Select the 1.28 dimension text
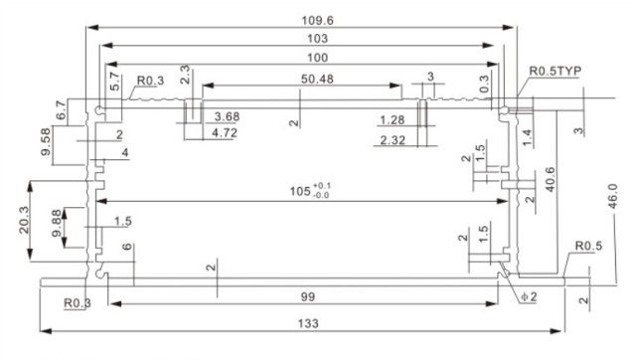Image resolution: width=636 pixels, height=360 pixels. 394,120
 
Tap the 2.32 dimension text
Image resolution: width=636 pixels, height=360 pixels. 394,141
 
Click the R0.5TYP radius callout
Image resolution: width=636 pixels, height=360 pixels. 558,72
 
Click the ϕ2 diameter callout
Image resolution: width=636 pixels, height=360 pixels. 528,297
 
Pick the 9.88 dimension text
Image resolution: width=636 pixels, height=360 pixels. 56,224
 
